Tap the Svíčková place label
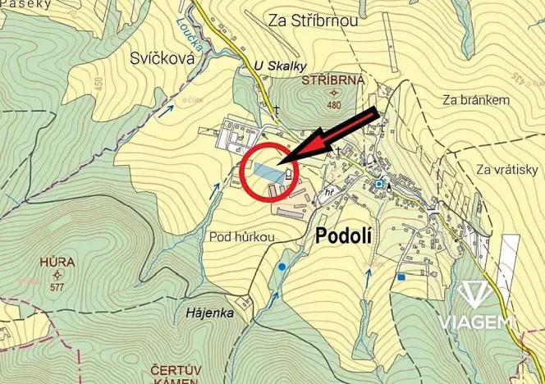pos(160,57)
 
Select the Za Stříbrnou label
pos(313,21)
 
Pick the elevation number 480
pos(333,105)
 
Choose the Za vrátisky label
pos(506,169)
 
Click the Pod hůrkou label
pos(241,236)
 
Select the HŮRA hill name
pos(56,263)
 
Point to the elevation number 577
pos(57,287)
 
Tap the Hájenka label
pos(209,313)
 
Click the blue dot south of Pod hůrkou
pos(282,267)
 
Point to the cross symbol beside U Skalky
pos(277,110)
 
